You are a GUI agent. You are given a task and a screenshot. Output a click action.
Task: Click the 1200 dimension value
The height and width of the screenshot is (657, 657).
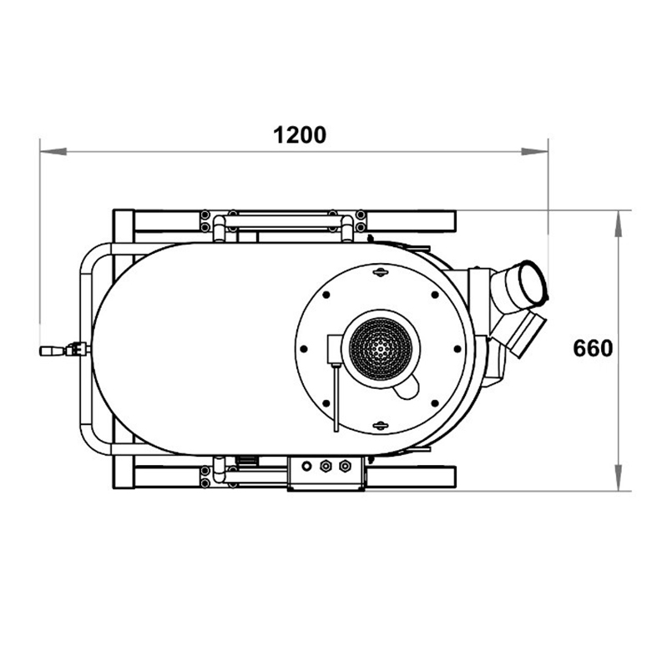(x=299, y=134)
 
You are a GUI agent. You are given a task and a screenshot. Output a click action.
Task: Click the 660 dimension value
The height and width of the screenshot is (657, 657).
(x=593, y=348)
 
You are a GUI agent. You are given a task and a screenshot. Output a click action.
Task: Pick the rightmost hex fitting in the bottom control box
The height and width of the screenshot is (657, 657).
(x=343, y=467)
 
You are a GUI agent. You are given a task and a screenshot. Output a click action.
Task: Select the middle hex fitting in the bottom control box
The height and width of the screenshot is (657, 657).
(x=326, y=467)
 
